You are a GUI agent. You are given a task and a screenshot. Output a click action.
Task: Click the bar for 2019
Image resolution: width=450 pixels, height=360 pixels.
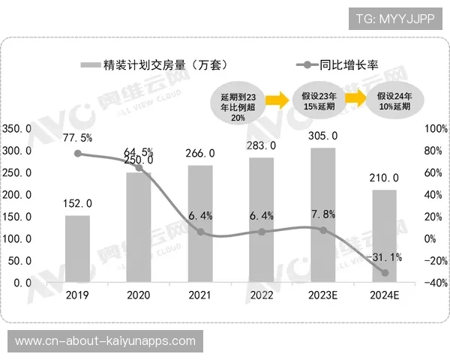[77, 249]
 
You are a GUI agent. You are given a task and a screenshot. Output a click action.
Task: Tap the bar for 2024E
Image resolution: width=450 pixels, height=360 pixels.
[384, 236]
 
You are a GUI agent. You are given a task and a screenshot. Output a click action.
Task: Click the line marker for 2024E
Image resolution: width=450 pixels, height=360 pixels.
[385, 272]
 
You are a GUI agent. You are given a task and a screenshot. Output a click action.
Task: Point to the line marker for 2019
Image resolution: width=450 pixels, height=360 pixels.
[77, 154]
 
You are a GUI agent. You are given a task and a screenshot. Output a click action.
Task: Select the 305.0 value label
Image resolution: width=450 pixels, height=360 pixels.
[322, 136]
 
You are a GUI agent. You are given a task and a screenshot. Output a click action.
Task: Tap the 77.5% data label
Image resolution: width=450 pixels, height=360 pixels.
[78, 137]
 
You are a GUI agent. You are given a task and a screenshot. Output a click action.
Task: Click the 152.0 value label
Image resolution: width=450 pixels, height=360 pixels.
[77, 203]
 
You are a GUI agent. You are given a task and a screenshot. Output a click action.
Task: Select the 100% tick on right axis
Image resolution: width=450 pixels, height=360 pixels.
[435, 129]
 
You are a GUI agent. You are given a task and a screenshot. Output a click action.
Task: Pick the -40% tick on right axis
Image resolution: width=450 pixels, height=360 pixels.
[435, 283]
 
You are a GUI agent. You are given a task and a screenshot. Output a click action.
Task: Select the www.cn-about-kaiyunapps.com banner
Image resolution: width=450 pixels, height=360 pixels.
[105, 340]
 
